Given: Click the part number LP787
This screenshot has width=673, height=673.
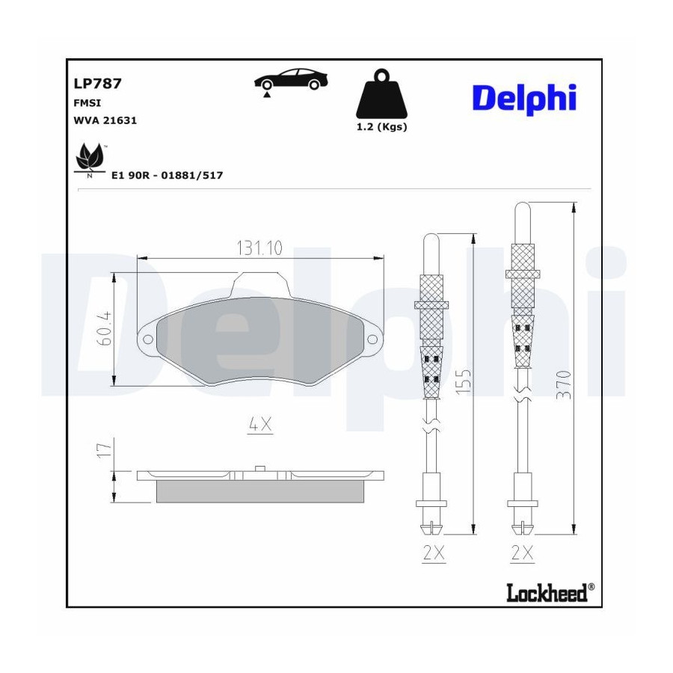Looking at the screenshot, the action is pyautogui.click(x=98, y=83).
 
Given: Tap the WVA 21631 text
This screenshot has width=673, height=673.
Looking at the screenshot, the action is pyautogui.click(x=105, y=120).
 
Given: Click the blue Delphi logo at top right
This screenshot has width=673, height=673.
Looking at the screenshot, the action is pyautogui.click(x=524, y=99).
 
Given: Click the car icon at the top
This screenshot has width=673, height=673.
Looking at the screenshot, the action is pyautogui.click(x=291, y=79).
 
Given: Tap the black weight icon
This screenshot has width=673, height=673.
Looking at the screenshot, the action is pyautogui.click(x=381, y=94).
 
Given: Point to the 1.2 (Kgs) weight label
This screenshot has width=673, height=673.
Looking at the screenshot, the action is pyautogui.click(x=381, y=127).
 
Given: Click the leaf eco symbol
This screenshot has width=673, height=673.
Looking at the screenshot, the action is pyautogui.click(x=90, y=159).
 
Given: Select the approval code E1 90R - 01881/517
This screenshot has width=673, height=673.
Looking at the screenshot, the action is pyautogui.click(x=167, y=175).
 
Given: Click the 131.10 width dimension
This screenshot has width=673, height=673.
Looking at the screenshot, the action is pyautogui.click(x=260, y=248).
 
